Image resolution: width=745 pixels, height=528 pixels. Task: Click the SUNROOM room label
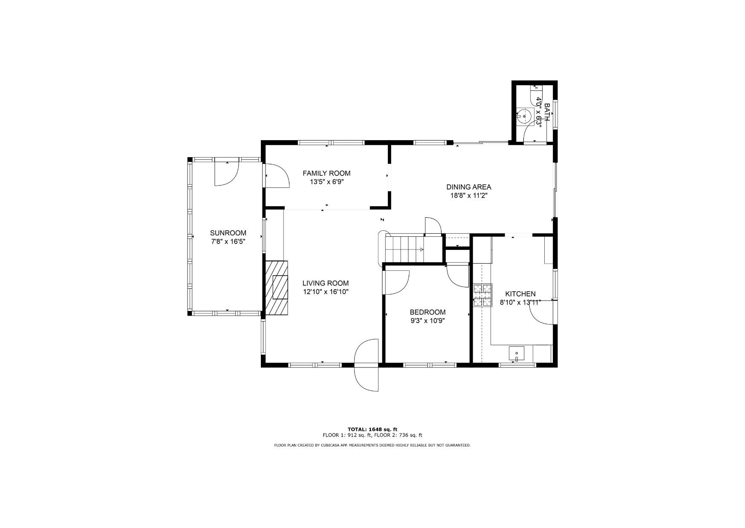(228, 233)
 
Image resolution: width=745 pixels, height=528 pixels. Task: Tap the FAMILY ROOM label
(326, 173)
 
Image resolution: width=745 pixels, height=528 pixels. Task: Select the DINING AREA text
(469, 187)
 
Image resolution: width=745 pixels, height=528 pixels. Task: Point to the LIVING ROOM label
(326, 283)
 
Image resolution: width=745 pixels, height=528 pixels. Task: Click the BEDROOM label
(427, 312)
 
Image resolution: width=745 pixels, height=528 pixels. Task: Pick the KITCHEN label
(520, 294)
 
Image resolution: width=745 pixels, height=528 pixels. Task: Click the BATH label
(547, 112)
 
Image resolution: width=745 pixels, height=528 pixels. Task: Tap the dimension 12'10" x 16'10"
(326, 292)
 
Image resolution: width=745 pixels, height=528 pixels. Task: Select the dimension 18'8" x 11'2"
(469, 196)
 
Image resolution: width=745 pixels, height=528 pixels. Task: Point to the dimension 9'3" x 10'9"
(427, 321)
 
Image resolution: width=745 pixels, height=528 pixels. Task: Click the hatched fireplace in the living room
(276, 287)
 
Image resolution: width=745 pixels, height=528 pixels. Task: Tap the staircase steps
(405, 249)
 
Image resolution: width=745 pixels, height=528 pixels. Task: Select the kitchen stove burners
(482, 295)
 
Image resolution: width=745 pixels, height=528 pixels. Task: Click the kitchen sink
(517, 354)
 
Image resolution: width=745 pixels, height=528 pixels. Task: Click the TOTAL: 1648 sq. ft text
(372, 429)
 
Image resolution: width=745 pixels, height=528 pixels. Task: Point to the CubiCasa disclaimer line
(372, 445)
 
